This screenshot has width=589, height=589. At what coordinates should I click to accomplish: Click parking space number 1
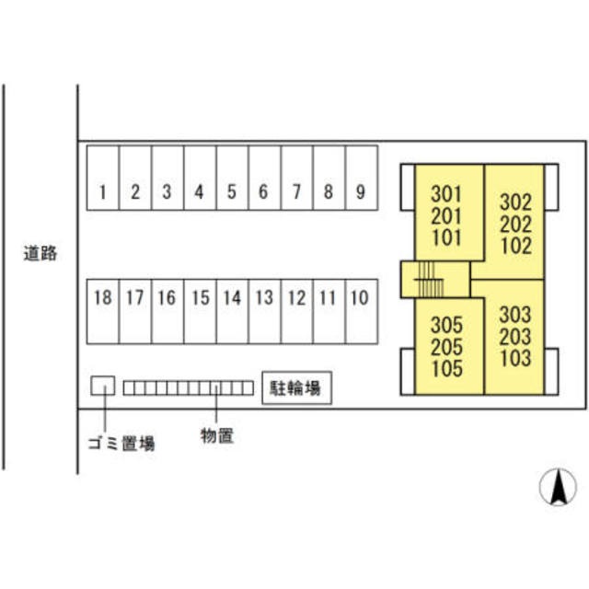[x=103, y=178]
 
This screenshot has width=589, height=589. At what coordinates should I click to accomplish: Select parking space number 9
[x=362, y=178]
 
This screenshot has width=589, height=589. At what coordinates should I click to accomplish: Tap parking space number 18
[x=103, y=311]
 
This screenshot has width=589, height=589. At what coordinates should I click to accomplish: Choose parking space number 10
[x=362, y=311]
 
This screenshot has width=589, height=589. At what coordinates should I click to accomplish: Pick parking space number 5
[x=232, y=178]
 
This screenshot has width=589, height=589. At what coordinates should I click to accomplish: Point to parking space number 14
[x=232, y=311]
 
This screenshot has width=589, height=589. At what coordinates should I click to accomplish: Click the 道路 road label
[x=40, y=253]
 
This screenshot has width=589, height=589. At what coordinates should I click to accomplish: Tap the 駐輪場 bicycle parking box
[x=296, y=388]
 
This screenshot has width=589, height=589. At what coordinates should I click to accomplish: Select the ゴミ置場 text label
[x=121, y=444]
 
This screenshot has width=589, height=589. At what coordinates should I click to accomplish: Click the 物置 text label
[x=217, y=435]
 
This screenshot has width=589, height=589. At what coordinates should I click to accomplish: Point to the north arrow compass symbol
[x=558, y=487]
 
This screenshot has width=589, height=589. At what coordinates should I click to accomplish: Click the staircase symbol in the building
[x=430, y=280]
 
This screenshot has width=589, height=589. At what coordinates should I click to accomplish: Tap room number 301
[x=446, y=194]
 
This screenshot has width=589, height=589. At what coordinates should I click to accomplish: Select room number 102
[x=516, y=246]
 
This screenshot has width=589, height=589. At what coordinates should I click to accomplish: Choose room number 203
[x=515, y=336]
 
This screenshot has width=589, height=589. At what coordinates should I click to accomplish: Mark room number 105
[x=447, y=368]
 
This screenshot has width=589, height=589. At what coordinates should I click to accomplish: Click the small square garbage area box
[x=103, y=386]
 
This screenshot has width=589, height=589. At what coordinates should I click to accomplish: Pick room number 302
[x=516, y=202]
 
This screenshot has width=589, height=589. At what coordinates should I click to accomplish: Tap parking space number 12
[x=296, y=311]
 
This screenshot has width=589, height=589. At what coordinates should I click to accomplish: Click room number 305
[x=447, y=325]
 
